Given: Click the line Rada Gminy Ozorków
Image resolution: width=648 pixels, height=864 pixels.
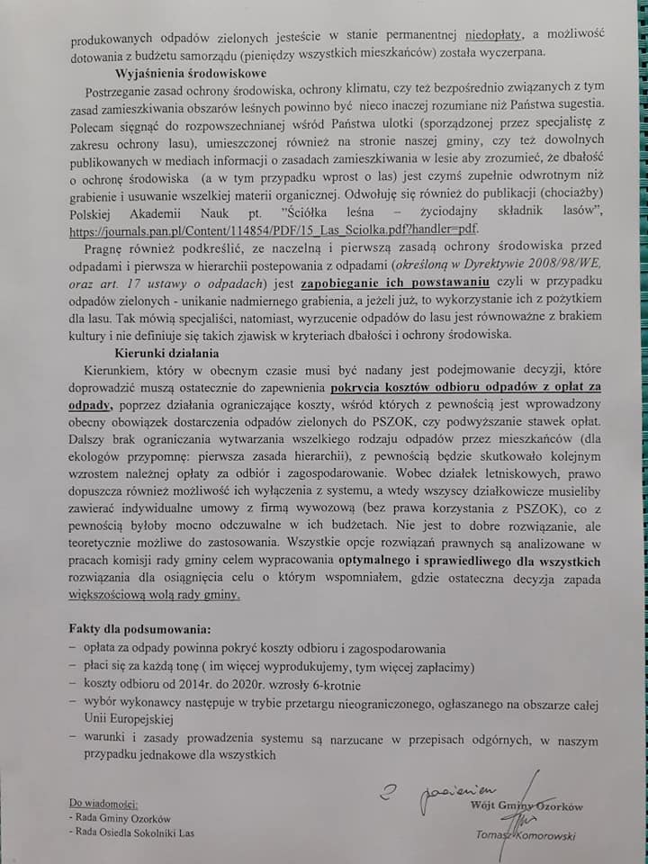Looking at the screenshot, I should [117, 817].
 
